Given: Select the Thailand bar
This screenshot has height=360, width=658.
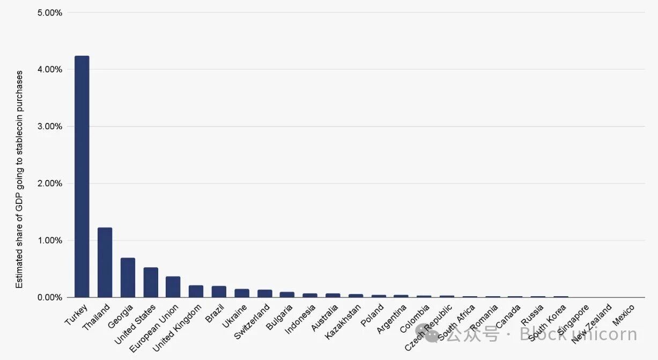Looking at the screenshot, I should pyautogui.click(x=105, y=262).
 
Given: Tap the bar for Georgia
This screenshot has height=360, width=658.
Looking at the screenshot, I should pyautogui.click(x=128, y=277).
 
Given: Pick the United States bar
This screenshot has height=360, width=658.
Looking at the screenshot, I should pyautogui.click(x=151, y=282).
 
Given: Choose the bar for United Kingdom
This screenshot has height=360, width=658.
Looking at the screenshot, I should pyautogui.click(x=196, y=291).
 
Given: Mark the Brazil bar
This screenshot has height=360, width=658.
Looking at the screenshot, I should pyautogui.click(x=219, y=291).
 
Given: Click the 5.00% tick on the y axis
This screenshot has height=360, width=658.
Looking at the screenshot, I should pyautogui.click(x=50, y=12).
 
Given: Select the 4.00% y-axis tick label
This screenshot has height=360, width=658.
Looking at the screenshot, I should pyautogui.click(x=50, y=69).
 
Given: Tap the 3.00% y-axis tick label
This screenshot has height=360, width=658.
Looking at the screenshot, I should pyautogui.click(x=50, y=126).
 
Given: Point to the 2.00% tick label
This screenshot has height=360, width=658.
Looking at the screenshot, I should pyautogui.click(x=50, y=183).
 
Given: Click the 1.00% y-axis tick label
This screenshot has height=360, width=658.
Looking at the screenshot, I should pyautogui.click(x=50, y=240).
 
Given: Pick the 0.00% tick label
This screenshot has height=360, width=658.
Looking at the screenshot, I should pyautogui.click(x=50, y=297).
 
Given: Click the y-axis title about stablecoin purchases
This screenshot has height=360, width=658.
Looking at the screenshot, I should pyautogui.click(x=19, y=179).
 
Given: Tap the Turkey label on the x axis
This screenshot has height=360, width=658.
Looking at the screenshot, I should pyautogui.click(x=77, y=314).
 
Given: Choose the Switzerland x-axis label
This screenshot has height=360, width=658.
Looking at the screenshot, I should pyautogui.click(x=253, y=322).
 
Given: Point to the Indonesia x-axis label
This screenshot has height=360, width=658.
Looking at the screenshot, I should pyautogui.click(x=300, y=320).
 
